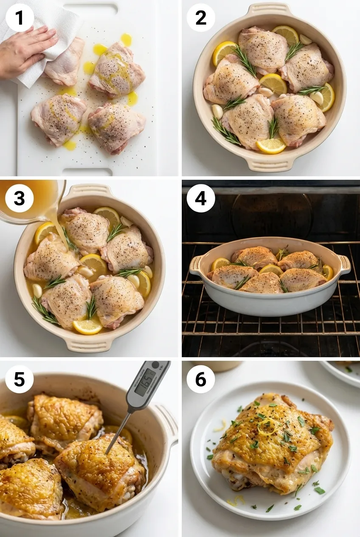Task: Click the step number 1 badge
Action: (19, 17)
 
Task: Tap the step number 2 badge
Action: (200, 17)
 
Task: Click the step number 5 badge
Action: (19, 379)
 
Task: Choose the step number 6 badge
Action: (200, 379)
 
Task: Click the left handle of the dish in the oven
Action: (196, 265)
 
